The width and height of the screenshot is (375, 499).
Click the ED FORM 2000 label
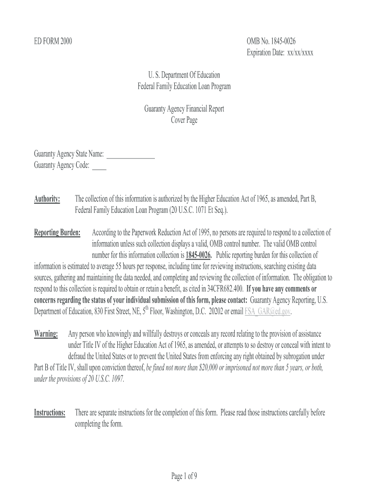click(x=53, y=42)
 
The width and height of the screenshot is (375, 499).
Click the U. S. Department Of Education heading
click(x=184, y=75)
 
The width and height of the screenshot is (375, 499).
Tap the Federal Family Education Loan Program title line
click(x=184, y=86)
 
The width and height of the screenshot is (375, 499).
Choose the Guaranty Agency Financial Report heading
click(x=184, y=109)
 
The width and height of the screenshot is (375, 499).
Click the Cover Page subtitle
click(x=184, y=120)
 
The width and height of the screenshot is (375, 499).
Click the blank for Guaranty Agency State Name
click(x=130, y=154)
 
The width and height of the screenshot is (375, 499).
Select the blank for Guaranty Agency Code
click(x=99, y=166)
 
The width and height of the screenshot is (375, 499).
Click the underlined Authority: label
click(x=47, y=199)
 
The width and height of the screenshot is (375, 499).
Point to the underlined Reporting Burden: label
click(x=57, y=233)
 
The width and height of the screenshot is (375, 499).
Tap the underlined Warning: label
click(x=46, y=334)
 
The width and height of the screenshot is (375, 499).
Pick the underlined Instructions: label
click(x=50, y=413)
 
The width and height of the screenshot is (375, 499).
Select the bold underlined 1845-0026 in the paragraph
click(x=199, y=255)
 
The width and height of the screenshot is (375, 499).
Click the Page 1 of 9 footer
click(x=184, y=477)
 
